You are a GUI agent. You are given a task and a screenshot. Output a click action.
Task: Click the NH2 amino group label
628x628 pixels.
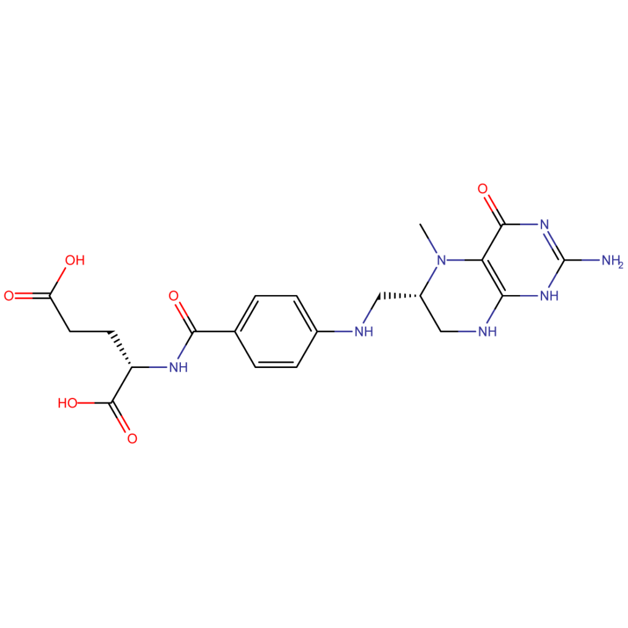(613, 261)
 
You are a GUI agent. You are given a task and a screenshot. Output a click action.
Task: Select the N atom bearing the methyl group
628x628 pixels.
(441, 260)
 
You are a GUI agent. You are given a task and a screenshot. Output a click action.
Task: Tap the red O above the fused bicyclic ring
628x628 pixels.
(483, 189)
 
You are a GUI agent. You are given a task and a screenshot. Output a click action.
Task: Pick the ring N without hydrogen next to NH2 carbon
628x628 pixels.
(545, 224)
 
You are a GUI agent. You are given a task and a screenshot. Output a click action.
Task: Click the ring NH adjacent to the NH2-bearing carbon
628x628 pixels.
(549, 296)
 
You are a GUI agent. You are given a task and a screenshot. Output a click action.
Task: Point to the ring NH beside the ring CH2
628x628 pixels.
(488, 332)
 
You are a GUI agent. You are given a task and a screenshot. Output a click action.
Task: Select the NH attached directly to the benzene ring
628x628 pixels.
(364, 332)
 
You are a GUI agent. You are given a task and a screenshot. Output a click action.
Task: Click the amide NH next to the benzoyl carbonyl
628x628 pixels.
(178, 367)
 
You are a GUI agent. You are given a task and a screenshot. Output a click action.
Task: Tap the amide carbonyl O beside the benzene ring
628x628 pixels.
(174, 296)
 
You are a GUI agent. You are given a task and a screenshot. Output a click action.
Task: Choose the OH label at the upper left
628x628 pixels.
(75, 260)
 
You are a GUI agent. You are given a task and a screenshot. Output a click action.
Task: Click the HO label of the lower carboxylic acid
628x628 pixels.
(67, 403)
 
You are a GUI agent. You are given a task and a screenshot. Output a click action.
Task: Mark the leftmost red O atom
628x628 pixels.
(9, 296)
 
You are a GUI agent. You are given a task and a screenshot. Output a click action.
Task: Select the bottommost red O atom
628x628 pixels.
(132, 438)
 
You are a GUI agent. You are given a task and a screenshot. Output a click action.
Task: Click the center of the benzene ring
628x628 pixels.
(276, 332)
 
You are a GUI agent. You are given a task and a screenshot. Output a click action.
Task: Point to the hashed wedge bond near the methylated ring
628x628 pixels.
(400, 296)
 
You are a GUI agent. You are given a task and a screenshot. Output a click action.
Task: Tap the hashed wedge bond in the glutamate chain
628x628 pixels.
(121, 349)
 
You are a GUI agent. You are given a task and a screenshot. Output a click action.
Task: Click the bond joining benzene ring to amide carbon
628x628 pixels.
(214, 332)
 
